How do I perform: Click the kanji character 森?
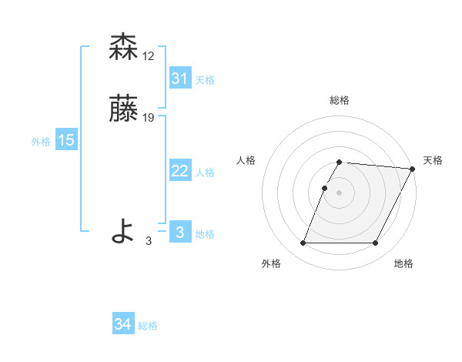[124, 47]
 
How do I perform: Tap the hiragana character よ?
[124, 231]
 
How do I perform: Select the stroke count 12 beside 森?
[149, 55]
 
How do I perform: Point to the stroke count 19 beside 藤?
[149, 118]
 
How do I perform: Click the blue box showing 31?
[180, 79]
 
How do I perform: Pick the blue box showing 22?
[180, 172]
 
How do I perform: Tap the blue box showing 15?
[66, 140]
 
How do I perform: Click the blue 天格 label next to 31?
[205, 80]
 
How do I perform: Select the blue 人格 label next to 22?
[205, 173]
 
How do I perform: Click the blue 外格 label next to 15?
[41, 142]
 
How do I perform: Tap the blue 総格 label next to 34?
[148, 326]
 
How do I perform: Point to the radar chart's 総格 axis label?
[340, 100]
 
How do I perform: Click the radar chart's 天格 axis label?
[434, 160]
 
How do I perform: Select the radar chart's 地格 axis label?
[403, 263]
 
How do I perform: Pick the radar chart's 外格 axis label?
[271, 263]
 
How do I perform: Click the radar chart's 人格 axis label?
[246, 160]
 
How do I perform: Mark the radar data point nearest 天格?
[413, 169]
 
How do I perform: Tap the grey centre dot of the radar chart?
[340, 193]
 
